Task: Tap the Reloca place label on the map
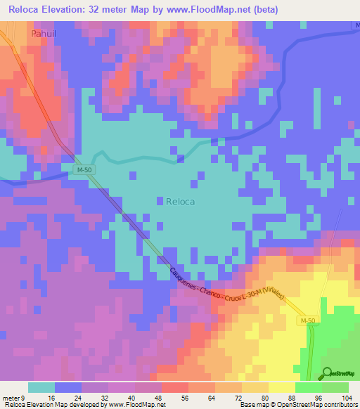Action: [181, 201]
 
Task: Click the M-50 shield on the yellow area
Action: [307, 321]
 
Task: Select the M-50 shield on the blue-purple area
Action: [84, 170]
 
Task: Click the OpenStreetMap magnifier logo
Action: [328, 373]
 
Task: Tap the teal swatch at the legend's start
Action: [41, 387]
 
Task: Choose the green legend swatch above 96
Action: [335, 387]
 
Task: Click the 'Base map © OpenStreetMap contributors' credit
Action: [296, 405]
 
